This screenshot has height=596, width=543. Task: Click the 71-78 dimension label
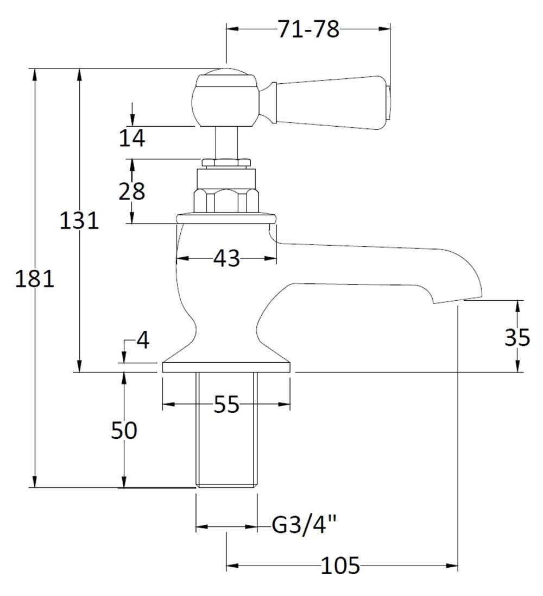coord(308,30)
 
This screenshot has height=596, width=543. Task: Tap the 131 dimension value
coord(79,220)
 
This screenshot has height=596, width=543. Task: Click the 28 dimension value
coord(132,191)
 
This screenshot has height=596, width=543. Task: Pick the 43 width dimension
coord(226,259)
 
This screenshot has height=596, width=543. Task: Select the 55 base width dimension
coord(226,405)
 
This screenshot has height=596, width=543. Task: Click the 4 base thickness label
coord(142,341)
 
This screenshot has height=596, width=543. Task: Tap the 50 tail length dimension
coord(124,431)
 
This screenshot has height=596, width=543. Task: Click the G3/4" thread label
coord(304,526)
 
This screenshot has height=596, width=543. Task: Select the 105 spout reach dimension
coord(340,567)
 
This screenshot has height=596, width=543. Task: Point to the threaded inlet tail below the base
coord(226,430)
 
